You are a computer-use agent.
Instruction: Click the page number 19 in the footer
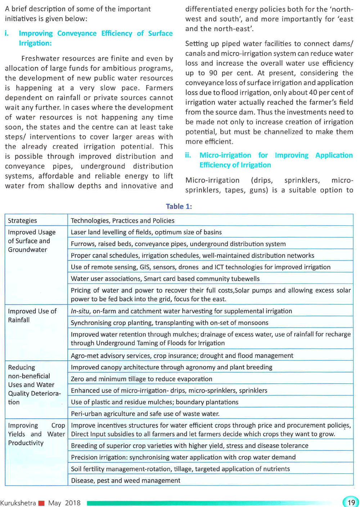[x=351, y=502]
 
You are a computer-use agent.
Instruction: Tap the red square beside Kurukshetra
[x=41, y=503]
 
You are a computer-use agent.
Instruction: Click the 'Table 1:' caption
[x=179, y=206]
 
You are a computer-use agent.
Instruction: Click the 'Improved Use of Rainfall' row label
[x=32, y=315]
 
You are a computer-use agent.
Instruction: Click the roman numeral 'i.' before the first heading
[x=7, y=33]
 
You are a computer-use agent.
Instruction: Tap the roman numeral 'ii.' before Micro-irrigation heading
[x=188, y=155]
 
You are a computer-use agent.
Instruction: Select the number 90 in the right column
[x=213, y=73]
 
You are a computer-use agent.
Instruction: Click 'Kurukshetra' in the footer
[x=18, y=503]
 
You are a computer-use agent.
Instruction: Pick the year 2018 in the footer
[x=73, y=503]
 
